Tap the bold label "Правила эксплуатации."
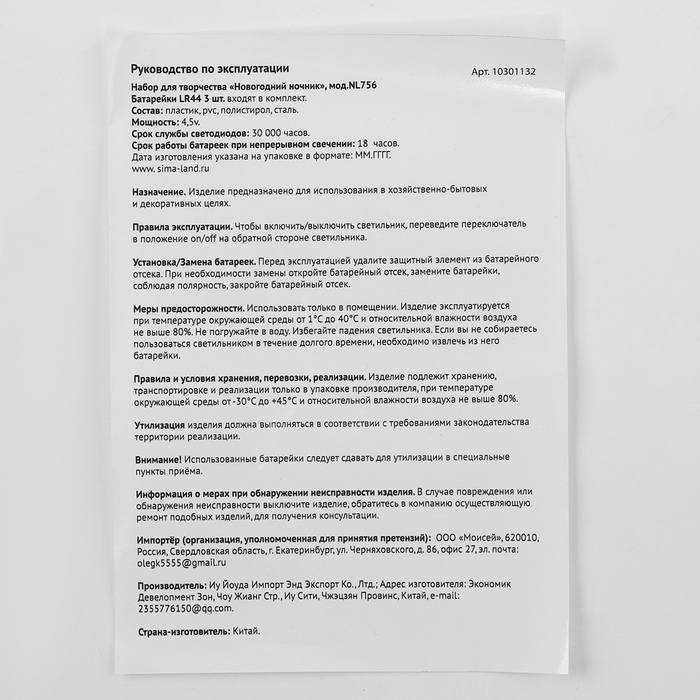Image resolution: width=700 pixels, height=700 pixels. (183, 226)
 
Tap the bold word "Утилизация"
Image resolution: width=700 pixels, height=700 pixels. (160, 423)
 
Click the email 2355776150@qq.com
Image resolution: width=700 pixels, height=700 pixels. (182, 608)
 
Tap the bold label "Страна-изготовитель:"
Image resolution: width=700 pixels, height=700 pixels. (182, 632)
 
